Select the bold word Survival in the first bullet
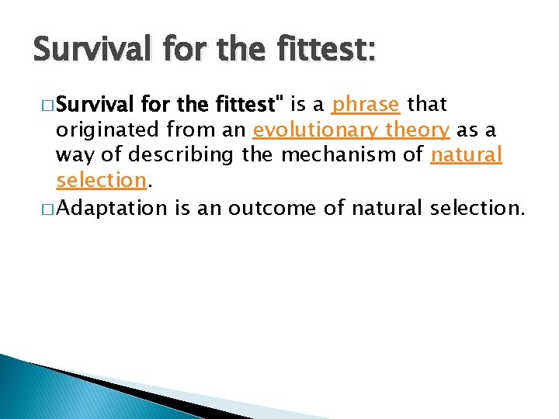[97, 104]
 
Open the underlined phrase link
[365, 105]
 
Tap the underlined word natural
[467, 155]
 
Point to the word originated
[105, 130]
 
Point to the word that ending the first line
[427, 104]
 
